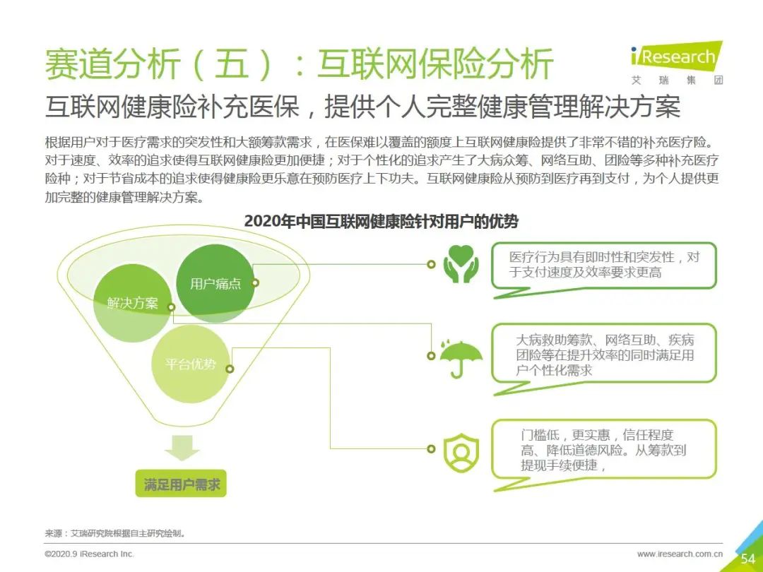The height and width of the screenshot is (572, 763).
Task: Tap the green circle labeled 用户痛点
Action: coord(215,283)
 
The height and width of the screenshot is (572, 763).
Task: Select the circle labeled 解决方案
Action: coord(132,303)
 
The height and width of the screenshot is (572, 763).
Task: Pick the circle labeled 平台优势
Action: coord(190,364)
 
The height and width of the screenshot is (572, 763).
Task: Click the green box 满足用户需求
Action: coord(181,484)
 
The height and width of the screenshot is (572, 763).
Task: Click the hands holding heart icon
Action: coord(461,264)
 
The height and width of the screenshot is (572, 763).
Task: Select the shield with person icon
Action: coord(461,453)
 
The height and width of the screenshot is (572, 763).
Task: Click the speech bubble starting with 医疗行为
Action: coord(604,269)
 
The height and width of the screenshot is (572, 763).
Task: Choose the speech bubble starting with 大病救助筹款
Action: coord(604,359)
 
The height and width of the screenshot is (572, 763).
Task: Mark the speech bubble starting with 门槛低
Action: coord(604,454)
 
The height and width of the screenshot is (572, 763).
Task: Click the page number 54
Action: coord(747,559)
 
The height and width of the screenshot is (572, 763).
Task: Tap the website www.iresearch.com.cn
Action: coord(680,554)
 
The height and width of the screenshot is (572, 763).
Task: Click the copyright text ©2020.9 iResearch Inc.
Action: coord(89,554)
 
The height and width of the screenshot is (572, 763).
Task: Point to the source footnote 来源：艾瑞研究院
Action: coord(115,534)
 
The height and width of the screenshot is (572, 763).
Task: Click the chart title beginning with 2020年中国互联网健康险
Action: coord(381,221)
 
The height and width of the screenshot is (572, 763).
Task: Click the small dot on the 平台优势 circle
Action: coord(230,369)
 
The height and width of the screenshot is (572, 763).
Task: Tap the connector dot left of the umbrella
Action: coord(431,355)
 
